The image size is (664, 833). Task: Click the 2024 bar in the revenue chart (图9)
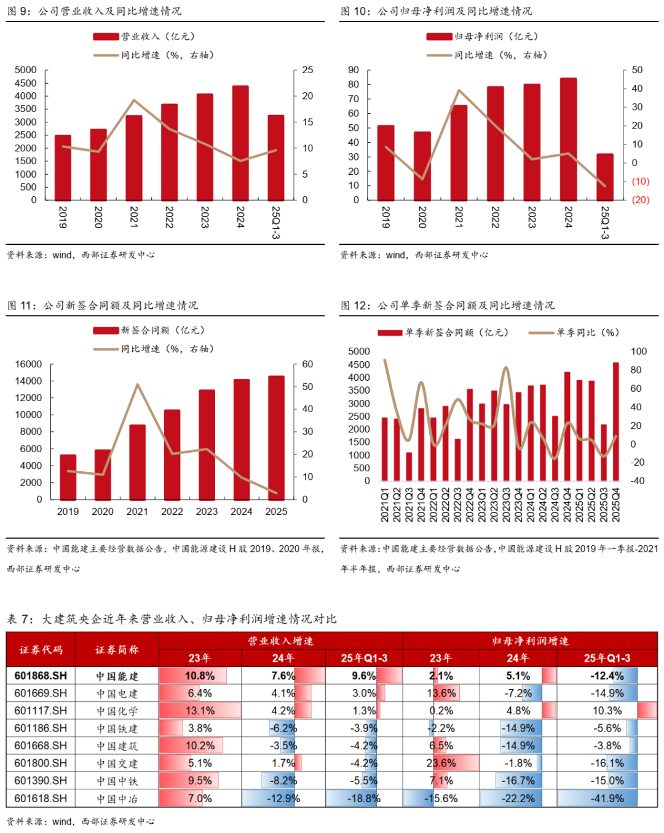click(240, 143)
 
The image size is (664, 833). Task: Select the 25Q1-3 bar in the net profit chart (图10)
click(605, 177)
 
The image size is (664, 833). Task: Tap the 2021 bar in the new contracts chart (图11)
click(137, 461)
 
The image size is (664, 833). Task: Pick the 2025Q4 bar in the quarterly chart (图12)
click(616, 421)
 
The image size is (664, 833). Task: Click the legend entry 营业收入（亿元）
click(144, 37)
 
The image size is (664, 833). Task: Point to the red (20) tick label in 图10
click(640, 200)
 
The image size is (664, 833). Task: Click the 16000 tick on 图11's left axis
click(28, 364)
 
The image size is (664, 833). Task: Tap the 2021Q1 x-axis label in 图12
click(385, 505)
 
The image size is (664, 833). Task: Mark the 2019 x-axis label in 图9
click(63, 217)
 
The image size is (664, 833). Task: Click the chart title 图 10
click(437, 11)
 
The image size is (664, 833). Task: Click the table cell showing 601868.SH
click(41, 676)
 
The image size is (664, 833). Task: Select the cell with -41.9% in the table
click(607, 799)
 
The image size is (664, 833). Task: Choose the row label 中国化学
click(117, 711)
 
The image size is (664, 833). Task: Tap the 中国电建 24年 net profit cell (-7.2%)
click(518, 693)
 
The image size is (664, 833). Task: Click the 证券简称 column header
click(117, 650)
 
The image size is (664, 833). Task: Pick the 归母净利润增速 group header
click(530, 641)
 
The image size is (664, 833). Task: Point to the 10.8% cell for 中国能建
click(200, 676)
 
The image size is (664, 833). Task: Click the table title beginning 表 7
click(172, 619)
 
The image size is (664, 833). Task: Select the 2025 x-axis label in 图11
click(276, 511)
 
